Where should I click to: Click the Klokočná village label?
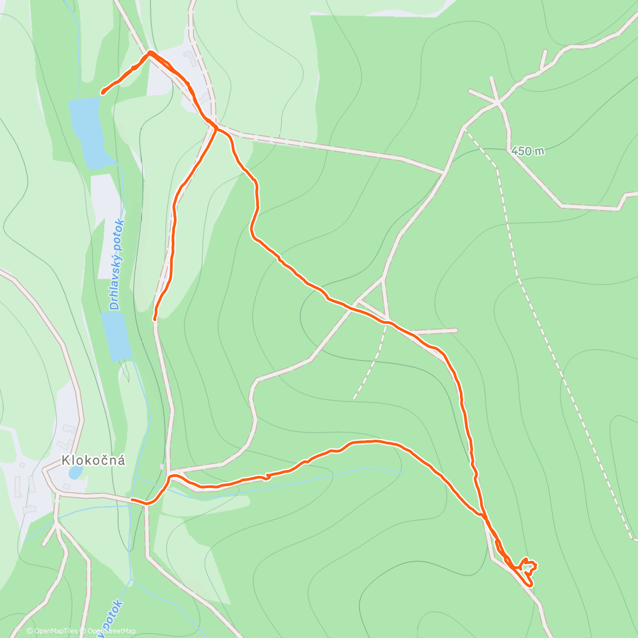pos(94,460)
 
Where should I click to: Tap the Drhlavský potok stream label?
pos(116,264)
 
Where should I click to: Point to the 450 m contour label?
pos(527,151)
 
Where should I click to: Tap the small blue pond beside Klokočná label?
pos(75,472)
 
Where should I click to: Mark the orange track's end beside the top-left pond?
pos(102,93)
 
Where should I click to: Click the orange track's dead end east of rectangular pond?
pos(155,319)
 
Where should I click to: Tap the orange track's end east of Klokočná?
pos(132,500)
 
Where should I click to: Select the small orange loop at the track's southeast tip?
pos(527,568)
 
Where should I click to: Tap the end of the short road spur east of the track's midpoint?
pos(456,331)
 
